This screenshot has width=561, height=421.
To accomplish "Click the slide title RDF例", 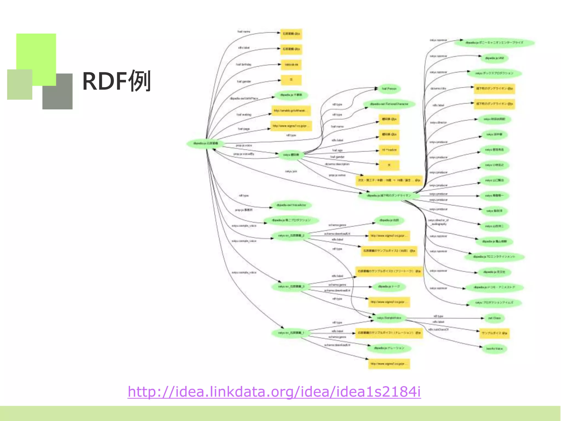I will tap(116, 81).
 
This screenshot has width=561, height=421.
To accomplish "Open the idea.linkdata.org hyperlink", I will tap(274, 391).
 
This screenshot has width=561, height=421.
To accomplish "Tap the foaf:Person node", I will tap(389, 89).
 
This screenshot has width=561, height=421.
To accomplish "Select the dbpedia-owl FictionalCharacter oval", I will tap(389, 104).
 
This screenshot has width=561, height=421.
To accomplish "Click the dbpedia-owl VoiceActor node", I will tap(291, 205).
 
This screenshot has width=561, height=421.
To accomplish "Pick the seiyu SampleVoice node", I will tap(389, 318).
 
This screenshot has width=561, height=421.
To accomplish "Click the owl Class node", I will tap(494, 318).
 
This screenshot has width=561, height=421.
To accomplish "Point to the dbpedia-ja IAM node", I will tap(494, 58).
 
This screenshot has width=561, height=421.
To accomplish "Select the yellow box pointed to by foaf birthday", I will tap(291, 65).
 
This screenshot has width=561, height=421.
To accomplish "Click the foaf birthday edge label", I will tap(244, 64).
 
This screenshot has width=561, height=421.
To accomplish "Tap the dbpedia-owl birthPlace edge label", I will tap(244, 98).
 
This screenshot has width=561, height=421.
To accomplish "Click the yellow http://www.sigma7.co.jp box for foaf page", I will tap(291, 126).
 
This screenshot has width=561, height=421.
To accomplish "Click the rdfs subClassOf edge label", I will tap(438, 329).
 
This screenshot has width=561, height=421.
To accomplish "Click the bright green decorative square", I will tap(36, 55).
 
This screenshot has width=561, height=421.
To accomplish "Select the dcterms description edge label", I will tap(337, 164).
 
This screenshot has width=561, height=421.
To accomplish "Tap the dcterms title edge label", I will tap(438, 89).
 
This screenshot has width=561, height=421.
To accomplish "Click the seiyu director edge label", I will tap(438, 123).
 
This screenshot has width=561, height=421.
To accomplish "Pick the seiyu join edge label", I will tap(291, 171).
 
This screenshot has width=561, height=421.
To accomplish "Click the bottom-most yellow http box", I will tap(389, 364).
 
